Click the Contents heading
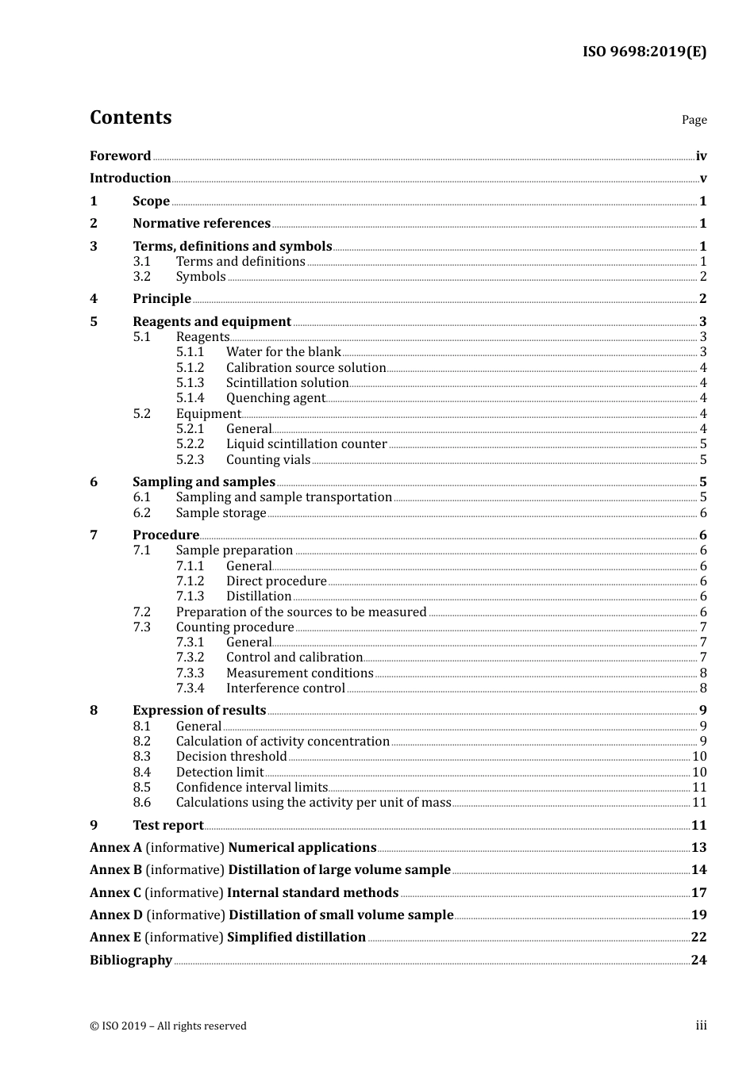click(x=130, y=117)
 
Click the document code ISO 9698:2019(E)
click(x=644, y=52)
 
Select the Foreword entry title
click(x=120, y=155)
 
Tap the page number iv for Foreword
click(x=701, y=155)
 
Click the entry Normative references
click(x=201, y=224)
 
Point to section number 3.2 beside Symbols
click(x=141, y=277)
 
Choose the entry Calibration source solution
click(x=306, y=368)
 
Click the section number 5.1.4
click(x=190, y=398)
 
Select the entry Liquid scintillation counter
click(x=306, y=444)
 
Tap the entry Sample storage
click(x=221, y=513)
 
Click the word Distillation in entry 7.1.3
click(x=259, y=596)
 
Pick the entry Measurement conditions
click(x=299, y=673)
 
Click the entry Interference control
click(x=285, y=688)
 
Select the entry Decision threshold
click(x=231, y=757)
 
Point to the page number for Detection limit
click(x=699, y=773)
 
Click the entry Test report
click(x=167, y=826)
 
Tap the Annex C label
click(x=115, y=893)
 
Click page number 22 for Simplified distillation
click(x=698, y=938)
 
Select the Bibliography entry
click(x=131, y=961)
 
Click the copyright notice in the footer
click(x=168, y=1026)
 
